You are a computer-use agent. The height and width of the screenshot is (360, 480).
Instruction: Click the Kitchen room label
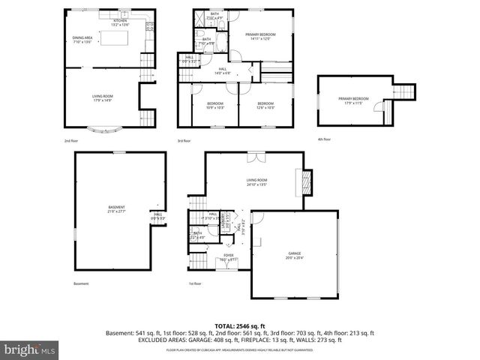(x=120, y=22)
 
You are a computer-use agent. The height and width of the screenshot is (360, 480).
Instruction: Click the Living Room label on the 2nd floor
(x=102, y=97)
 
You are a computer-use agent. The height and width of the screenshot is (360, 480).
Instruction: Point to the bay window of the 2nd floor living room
(x=102, y=130)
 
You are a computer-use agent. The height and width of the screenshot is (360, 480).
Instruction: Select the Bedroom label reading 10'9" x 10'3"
(x=215, y=105)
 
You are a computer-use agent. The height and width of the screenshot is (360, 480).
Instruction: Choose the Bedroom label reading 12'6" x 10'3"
(x=266, y=105)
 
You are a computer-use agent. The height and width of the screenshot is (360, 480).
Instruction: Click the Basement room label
(x=115, y=209)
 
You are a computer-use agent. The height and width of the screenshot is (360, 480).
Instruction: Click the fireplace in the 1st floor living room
(x=304, y=183)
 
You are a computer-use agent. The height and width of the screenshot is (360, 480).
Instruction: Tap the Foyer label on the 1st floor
(x=228, y=256)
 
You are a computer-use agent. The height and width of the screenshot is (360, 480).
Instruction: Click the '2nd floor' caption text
(x=72, y=140)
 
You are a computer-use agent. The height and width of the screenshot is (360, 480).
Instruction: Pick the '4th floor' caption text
(x=323, y=139)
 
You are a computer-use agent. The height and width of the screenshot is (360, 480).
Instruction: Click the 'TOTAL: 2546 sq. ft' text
(x=240, y=325)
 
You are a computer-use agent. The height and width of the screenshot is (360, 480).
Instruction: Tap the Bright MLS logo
(x=30, y=349)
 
